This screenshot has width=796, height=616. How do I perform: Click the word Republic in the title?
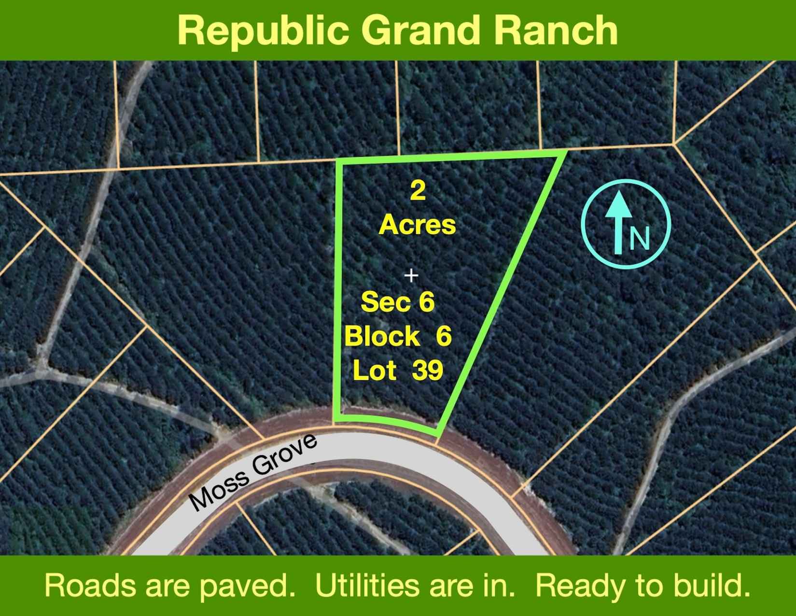tap(263, 31)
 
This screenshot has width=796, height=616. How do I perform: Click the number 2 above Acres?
tap(418, 191)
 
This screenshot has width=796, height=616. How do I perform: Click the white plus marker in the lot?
tap(411, 275)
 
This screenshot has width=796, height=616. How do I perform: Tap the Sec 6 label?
tap(397, 302)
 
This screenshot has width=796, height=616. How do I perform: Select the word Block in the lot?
tap(382, 336)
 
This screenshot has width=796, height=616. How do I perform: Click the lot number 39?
tap(428, 371)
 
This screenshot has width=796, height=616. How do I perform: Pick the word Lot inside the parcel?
tap(375, 371)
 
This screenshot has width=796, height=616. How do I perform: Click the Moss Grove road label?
tap(252, 473)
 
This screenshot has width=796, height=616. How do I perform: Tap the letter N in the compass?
tap(640, 238)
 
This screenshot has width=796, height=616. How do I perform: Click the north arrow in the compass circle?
tap(618, 222)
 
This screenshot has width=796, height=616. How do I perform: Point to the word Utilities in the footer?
tap(367, 586)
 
